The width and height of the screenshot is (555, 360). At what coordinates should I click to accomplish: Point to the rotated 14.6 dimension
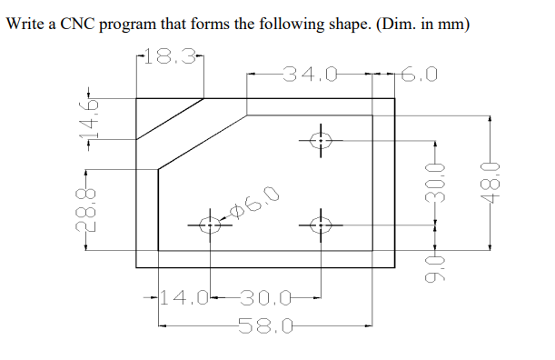(88, 115)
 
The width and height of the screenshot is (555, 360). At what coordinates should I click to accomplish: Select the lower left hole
(210, 223)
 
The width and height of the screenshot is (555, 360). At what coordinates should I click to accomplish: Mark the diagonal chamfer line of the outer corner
(170, 117)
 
